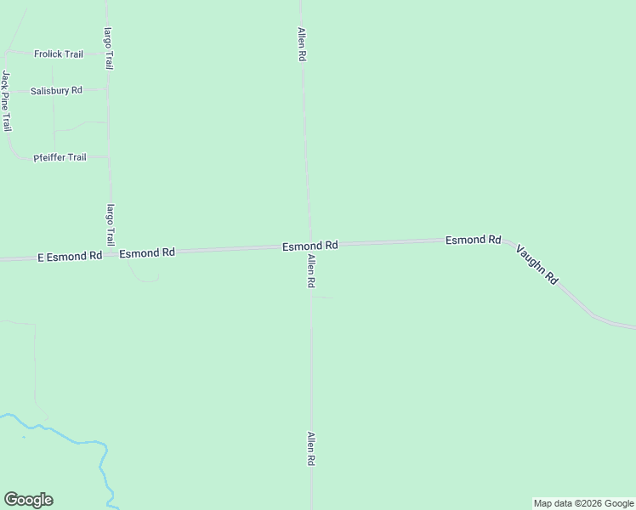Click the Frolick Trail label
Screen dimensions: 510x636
[59, 54]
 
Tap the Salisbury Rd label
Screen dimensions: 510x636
[56, 90]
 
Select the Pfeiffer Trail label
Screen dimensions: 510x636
[60, 157]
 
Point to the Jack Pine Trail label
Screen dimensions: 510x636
[6, 100]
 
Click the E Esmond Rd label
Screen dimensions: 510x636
[70, 255]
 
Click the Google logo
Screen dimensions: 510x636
[28, 500]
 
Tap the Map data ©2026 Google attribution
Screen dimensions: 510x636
[584, 503]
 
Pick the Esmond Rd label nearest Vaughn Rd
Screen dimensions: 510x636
[473, 241]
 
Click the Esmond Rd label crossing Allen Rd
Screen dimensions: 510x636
[310, 246]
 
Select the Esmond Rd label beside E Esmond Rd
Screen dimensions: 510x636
[147, 252]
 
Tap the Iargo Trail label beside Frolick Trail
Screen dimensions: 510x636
[109, 48]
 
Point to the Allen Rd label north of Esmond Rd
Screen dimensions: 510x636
[301, 43]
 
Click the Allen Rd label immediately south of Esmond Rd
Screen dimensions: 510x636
[312, 270]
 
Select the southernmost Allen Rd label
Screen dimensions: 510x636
[312, 448]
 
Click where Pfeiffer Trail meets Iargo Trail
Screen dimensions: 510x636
[109, 156]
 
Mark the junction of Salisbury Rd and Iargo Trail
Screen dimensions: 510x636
[108, 88]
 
